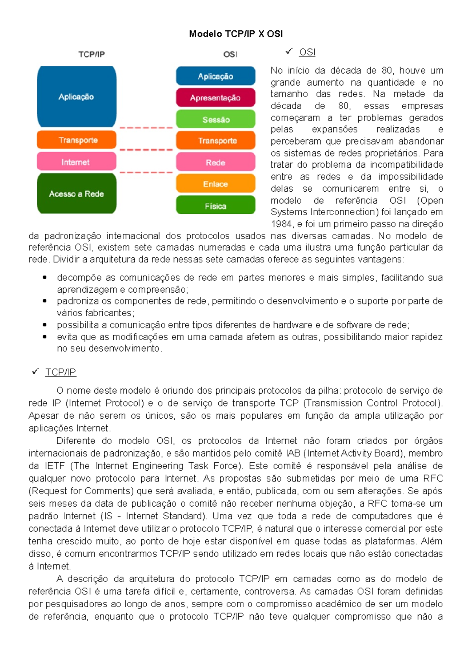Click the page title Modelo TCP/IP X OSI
click(x=236, y=34)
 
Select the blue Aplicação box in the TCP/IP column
click(x=77, y=97)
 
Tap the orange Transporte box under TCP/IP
click(x=77, y=140)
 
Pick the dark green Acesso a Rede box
click(x=77, y=194)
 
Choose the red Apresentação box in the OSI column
click(x=216, y=98)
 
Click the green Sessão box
click(x=216, y=119)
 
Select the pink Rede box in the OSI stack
click(x=216, y=162)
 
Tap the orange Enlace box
click(x=216, y=184)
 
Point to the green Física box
click(x=216, y=206)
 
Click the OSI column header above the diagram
click(x=230, y=54)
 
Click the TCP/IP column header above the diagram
click(x=91, y=54)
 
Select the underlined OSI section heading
click(x=307, y=52)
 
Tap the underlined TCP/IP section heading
click(x=61, y=372)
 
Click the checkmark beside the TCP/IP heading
click(x=35, y=371)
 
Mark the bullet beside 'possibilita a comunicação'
click(x=44, y=325)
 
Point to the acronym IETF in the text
click(x=54, y=466)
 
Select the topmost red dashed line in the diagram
click(x=146, y=128)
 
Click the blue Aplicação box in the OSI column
click(x=216, y=76)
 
